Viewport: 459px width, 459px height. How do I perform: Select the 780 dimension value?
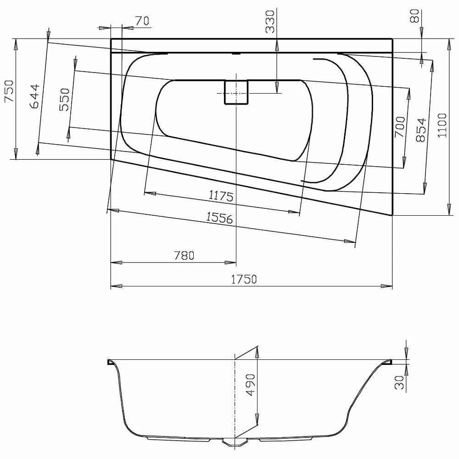pos(185,256)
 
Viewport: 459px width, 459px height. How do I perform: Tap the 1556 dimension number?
pos(219,218)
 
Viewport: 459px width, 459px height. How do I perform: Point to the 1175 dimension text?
pos(221,196)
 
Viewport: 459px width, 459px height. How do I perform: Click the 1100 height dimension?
pos(442,126)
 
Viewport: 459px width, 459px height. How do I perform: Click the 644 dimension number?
pos(34,96)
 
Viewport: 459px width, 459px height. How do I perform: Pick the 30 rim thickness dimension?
pos(400,382)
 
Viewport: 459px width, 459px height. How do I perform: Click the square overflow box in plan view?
pos(236,92)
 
